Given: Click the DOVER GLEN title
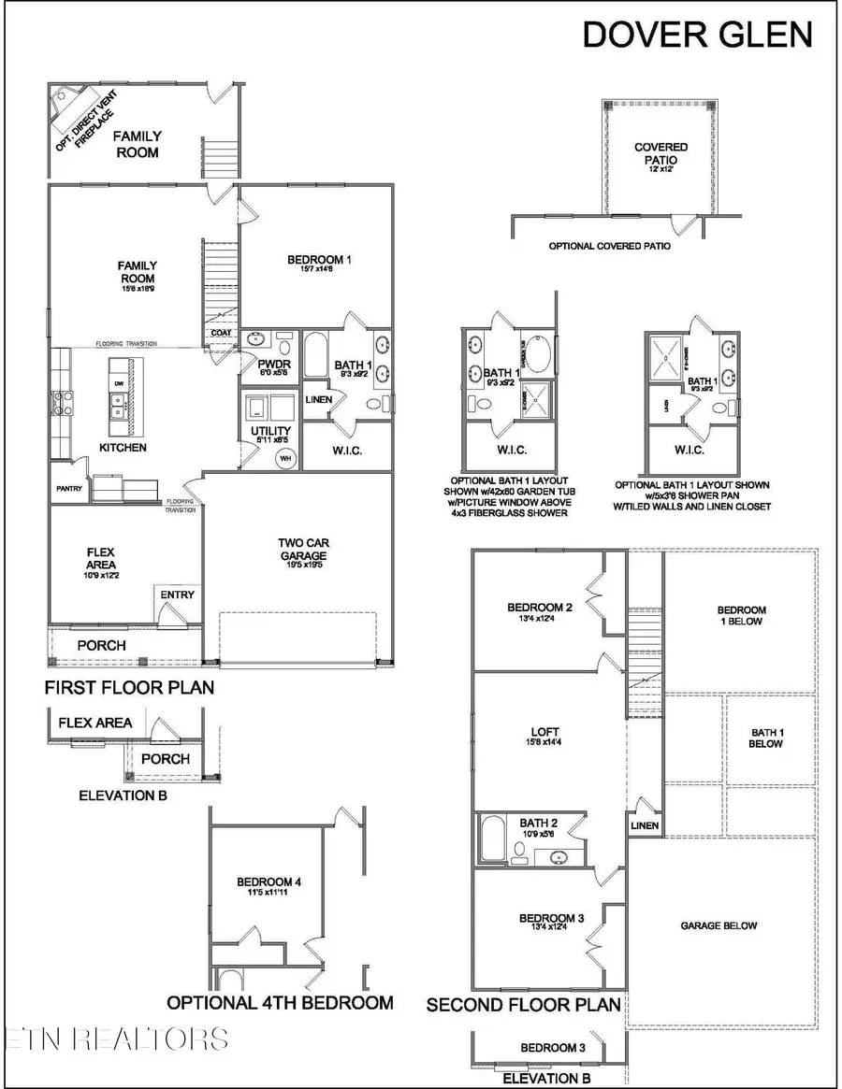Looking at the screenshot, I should (697, 34).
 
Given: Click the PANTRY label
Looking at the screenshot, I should (69, 488).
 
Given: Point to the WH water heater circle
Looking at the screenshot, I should (284, 458).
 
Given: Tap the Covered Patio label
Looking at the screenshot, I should (661, 153).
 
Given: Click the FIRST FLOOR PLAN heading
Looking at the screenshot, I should (129, 688).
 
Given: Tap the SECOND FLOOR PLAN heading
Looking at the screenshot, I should (524, 1005).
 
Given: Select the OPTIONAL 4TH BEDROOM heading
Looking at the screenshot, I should (280, 1003).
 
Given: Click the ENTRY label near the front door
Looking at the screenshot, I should (178, 595).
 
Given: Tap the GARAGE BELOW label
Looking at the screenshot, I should (719, 925).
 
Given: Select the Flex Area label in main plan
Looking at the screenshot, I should (95, 558).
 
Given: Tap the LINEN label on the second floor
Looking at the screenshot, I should (645, 825).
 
